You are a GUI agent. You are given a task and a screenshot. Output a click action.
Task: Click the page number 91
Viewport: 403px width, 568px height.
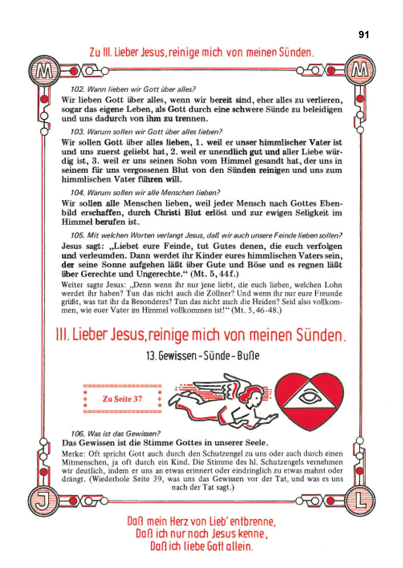click(x=363, y=35)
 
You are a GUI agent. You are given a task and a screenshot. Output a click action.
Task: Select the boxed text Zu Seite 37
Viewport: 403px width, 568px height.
click(x=122, y=399)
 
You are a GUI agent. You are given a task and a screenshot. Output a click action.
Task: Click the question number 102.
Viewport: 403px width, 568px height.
click(x=77, y=89)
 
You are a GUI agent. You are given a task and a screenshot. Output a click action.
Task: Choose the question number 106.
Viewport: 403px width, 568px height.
click(x=77, y=434)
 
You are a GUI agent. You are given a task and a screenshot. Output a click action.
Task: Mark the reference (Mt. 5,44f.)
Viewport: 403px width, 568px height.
click(x=215, y=274)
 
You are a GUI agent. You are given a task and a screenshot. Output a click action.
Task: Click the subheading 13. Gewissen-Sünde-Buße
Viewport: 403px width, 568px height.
click(x=203, y=356)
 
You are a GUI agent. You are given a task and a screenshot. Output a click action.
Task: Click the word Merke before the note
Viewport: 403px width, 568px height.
click(x=73, y=454)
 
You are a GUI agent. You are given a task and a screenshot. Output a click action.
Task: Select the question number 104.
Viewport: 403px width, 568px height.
click(x=77, y=193)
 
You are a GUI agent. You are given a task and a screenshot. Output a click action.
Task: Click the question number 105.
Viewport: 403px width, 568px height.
click(x=77, y=235)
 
